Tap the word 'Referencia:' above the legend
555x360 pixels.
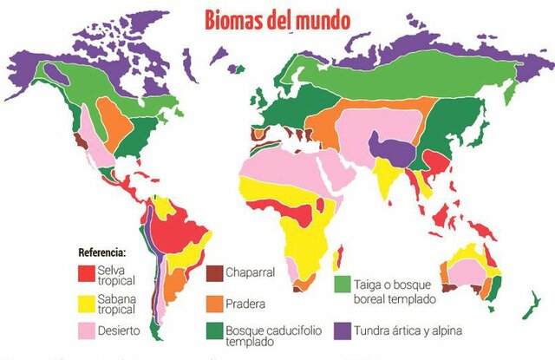point(102,252)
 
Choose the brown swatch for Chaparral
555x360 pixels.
point(212,272)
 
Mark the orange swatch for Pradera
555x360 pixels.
point(212,304)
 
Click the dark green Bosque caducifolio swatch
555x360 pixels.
point(212,331)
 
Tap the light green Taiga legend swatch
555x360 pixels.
point(342,284)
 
